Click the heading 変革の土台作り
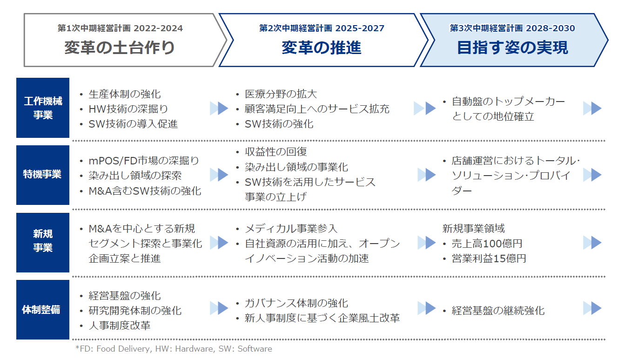tap(120, 48)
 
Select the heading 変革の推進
tap(322, 48)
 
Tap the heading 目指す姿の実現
tap(512, 48)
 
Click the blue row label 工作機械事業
tap(43, 108)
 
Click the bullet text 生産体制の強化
tap(124, 94)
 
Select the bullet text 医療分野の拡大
tap(281, 94)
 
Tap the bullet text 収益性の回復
tap(275, 151)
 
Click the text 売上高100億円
tap(487, 244)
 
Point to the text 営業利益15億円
tap(489, 258)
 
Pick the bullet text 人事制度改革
tap(120, 326)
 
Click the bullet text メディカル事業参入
tap(291, 229)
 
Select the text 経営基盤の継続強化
tap(498, 311)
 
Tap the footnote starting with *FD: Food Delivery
tap(174, 349)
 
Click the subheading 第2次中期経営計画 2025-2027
tap(322, 28)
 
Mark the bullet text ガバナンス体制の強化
tap(296, 303)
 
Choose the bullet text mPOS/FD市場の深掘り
tap(144, 161)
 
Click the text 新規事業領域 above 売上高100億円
tap(474, 229)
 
